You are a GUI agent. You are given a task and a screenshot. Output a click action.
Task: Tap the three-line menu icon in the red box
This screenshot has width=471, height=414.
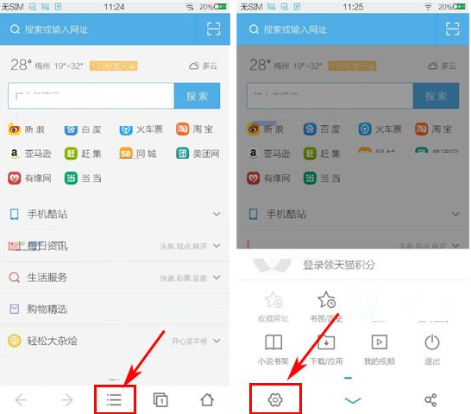click(x=115, y=399)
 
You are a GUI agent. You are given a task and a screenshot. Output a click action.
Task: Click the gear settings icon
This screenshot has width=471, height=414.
click(x=275, y=399)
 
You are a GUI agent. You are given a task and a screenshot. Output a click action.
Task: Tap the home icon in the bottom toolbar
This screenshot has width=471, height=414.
click(x=207, y=399)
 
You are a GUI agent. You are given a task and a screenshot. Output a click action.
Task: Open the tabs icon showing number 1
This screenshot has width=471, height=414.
click(x=160, y=399)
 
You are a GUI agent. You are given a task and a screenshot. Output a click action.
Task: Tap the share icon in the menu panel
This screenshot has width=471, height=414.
click(x=431, y=399)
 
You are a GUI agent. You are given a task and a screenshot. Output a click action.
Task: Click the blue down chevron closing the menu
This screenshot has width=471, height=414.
click(x=352, y=400)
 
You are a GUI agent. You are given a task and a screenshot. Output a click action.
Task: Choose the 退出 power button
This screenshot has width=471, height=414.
click(x=432, y=348)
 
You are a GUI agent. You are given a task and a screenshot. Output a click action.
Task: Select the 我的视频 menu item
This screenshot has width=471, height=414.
click(x=379, y=348)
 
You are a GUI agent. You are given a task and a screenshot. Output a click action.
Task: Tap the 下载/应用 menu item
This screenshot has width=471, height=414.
click(x=326, y=348)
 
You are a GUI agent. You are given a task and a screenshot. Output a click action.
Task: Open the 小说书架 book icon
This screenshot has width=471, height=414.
click(x=273, y=348)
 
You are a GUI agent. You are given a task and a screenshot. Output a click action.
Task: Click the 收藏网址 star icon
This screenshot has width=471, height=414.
click(x=273, y=306)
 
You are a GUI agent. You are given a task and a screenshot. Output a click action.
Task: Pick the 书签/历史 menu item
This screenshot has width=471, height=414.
click(x=326, y=306)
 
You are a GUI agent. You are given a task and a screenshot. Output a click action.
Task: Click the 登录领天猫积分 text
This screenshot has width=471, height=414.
click(x=339, y=265)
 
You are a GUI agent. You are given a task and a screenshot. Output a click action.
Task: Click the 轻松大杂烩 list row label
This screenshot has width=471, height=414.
click(x=52, y=341)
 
